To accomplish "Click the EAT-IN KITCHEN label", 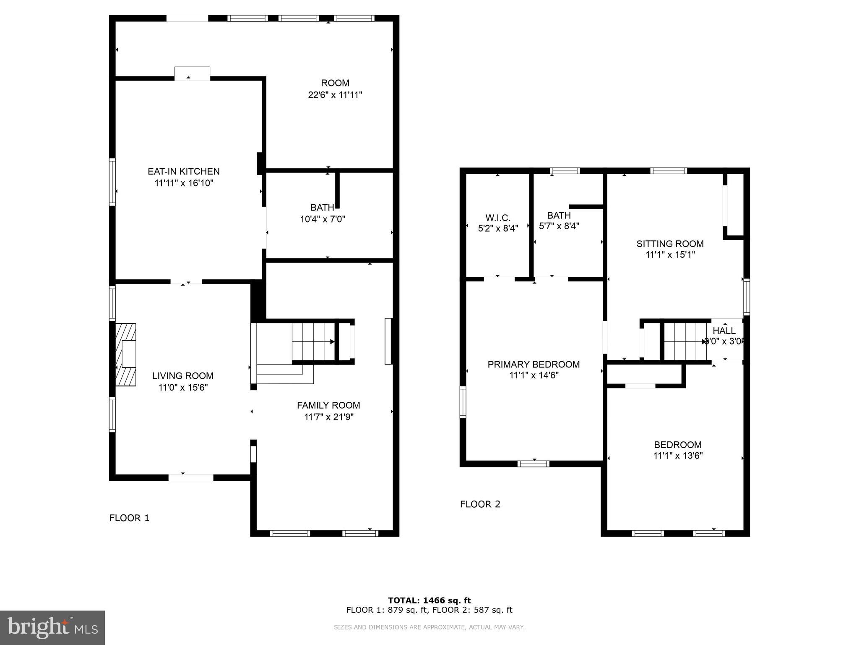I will click(183, 171).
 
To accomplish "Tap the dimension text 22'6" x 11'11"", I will click(335, 95).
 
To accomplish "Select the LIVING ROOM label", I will click(182, 376).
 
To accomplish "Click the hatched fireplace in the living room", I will click(126, 354).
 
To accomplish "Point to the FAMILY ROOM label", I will click(328, 405).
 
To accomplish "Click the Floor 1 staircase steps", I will click(312, 342).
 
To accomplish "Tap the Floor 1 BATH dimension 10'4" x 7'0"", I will click(322, 219).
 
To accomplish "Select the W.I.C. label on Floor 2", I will click(498, 218).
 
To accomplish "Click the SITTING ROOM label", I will click(670, 244).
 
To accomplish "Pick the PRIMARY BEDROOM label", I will click(534, 364).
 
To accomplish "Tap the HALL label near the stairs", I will click(724, 330).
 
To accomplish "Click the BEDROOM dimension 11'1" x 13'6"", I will click(678, 456).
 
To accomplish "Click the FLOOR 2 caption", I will click(480, 504).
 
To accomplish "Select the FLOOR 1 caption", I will click(129, 518).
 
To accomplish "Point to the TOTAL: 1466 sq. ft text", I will click(429, 600).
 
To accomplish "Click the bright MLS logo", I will click(52, 627).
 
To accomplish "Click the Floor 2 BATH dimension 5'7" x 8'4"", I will click(559, 226).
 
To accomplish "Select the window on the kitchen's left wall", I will click(112, 181).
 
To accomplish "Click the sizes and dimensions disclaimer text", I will click(429, 627).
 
